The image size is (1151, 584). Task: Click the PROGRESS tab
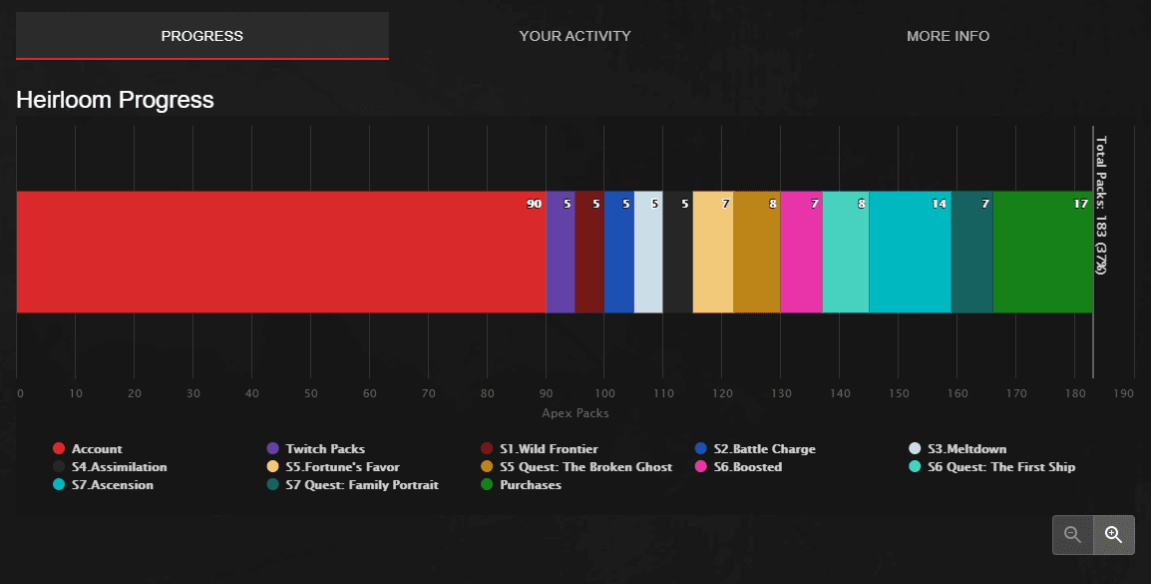(202, 36)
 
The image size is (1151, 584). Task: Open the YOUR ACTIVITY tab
(575, 36)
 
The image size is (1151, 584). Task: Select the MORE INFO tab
(948, 36)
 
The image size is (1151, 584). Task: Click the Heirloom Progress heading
(115, 100)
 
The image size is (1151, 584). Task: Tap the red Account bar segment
(279, 252)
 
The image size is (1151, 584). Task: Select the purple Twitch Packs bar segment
(560, 252)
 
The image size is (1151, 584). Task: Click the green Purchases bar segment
(1042, 252)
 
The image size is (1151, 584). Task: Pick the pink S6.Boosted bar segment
(801, 252)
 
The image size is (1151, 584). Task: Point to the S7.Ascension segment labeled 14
(910, 252)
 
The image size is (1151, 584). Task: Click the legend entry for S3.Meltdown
(965, 449)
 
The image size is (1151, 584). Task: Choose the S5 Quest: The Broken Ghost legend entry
(584, 467)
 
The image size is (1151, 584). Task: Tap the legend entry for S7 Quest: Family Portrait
(361, 485)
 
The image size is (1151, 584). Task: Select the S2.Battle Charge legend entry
(763, 449)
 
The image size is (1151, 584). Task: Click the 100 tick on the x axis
(604, 393)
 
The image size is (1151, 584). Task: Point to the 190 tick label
(1123, 393)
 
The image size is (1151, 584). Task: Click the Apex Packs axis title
(575, 413)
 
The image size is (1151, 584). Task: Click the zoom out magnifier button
(1073, 534)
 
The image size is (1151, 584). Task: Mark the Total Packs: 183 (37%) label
(1101, 205)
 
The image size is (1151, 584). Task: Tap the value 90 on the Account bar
(534, 204)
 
